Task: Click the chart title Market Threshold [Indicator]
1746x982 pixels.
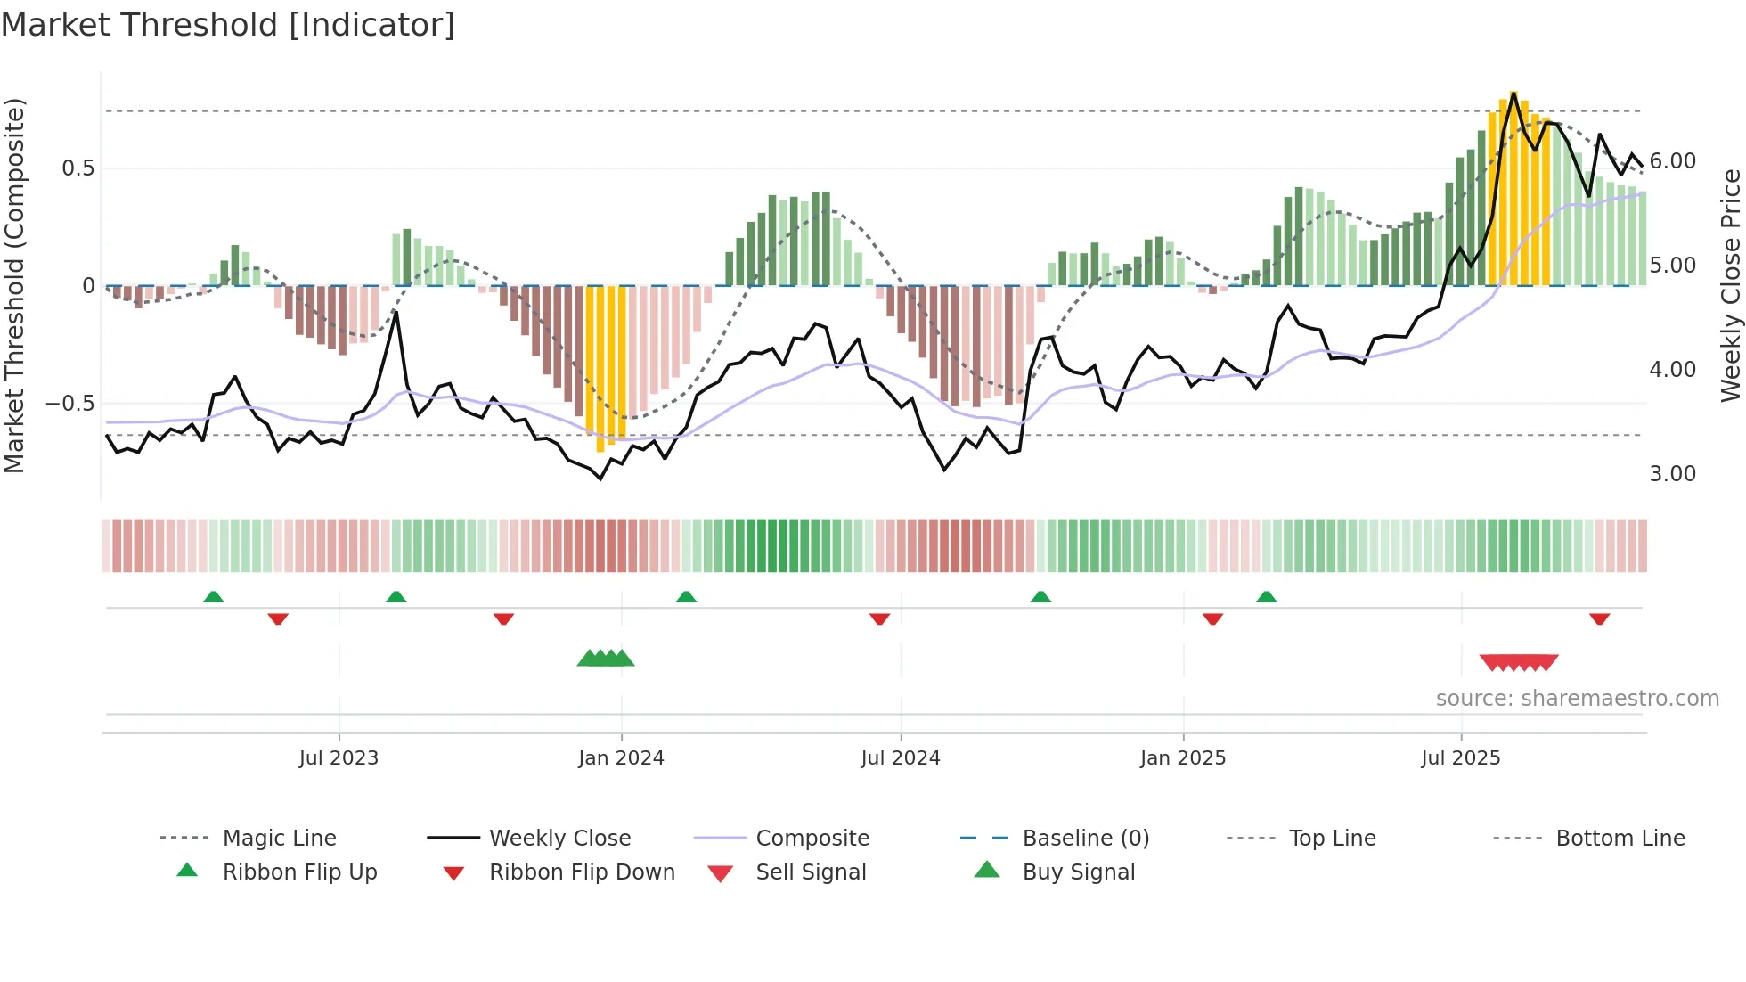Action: pyautogui.click(x=228, y=25)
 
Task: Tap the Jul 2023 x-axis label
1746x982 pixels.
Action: pyautogui.click(x=339, y=758)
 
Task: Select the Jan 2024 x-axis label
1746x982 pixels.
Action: pyautogui.click(x=621, y=758)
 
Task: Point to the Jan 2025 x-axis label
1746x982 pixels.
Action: pyautogui.click(x=1183, y=758)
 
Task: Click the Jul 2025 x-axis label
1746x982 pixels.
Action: pyautogui.click(x=1461, y=758)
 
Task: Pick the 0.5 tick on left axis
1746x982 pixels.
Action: pyautogui.click(x=78, y=168)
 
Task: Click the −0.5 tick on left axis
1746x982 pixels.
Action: pyautogui.click(x=70, y=404)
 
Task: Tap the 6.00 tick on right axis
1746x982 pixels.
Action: pyautogui.click(x=1673, y=161)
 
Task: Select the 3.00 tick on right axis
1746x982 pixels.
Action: pyautogui.click(x=1673, y=474)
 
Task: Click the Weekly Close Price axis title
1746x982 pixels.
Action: pyautogui.click(x=1730, y=285)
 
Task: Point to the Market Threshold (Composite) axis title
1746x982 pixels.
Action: pyautogui.click(x=14, y=285)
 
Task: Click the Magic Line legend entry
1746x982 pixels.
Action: pyautogui.click(x=279, y=839)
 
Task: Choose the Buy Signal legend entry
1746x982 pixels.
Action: pyautogui.click(x=1078, y=872)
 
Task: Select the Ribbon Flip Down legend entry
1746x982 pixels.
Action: pyautogui.click(x=582, y=872)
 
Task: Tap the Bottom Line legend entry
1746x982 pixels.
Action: pyautogui.click(x=1620, y=839)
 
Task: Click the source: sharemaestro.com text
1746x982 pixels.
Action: pyautogui.click(x=1577, y=699)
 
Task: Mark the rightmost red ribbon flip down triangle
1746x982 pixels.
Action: pyautogui.click(x=1599, y=618)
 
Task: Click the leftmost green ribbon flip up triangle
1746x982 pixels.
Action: pyautogui.click(x=213, y=597)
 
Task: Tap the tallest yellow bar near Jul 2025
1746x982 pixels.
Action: pyautogui.click(x=1513, y=187)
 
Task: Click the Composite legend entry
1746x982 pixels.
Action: pyautogui.click(x=812, y=839)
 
